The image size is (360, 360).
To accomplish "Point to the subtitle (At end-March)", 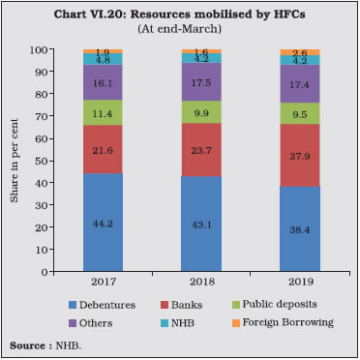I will [181, 28].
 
